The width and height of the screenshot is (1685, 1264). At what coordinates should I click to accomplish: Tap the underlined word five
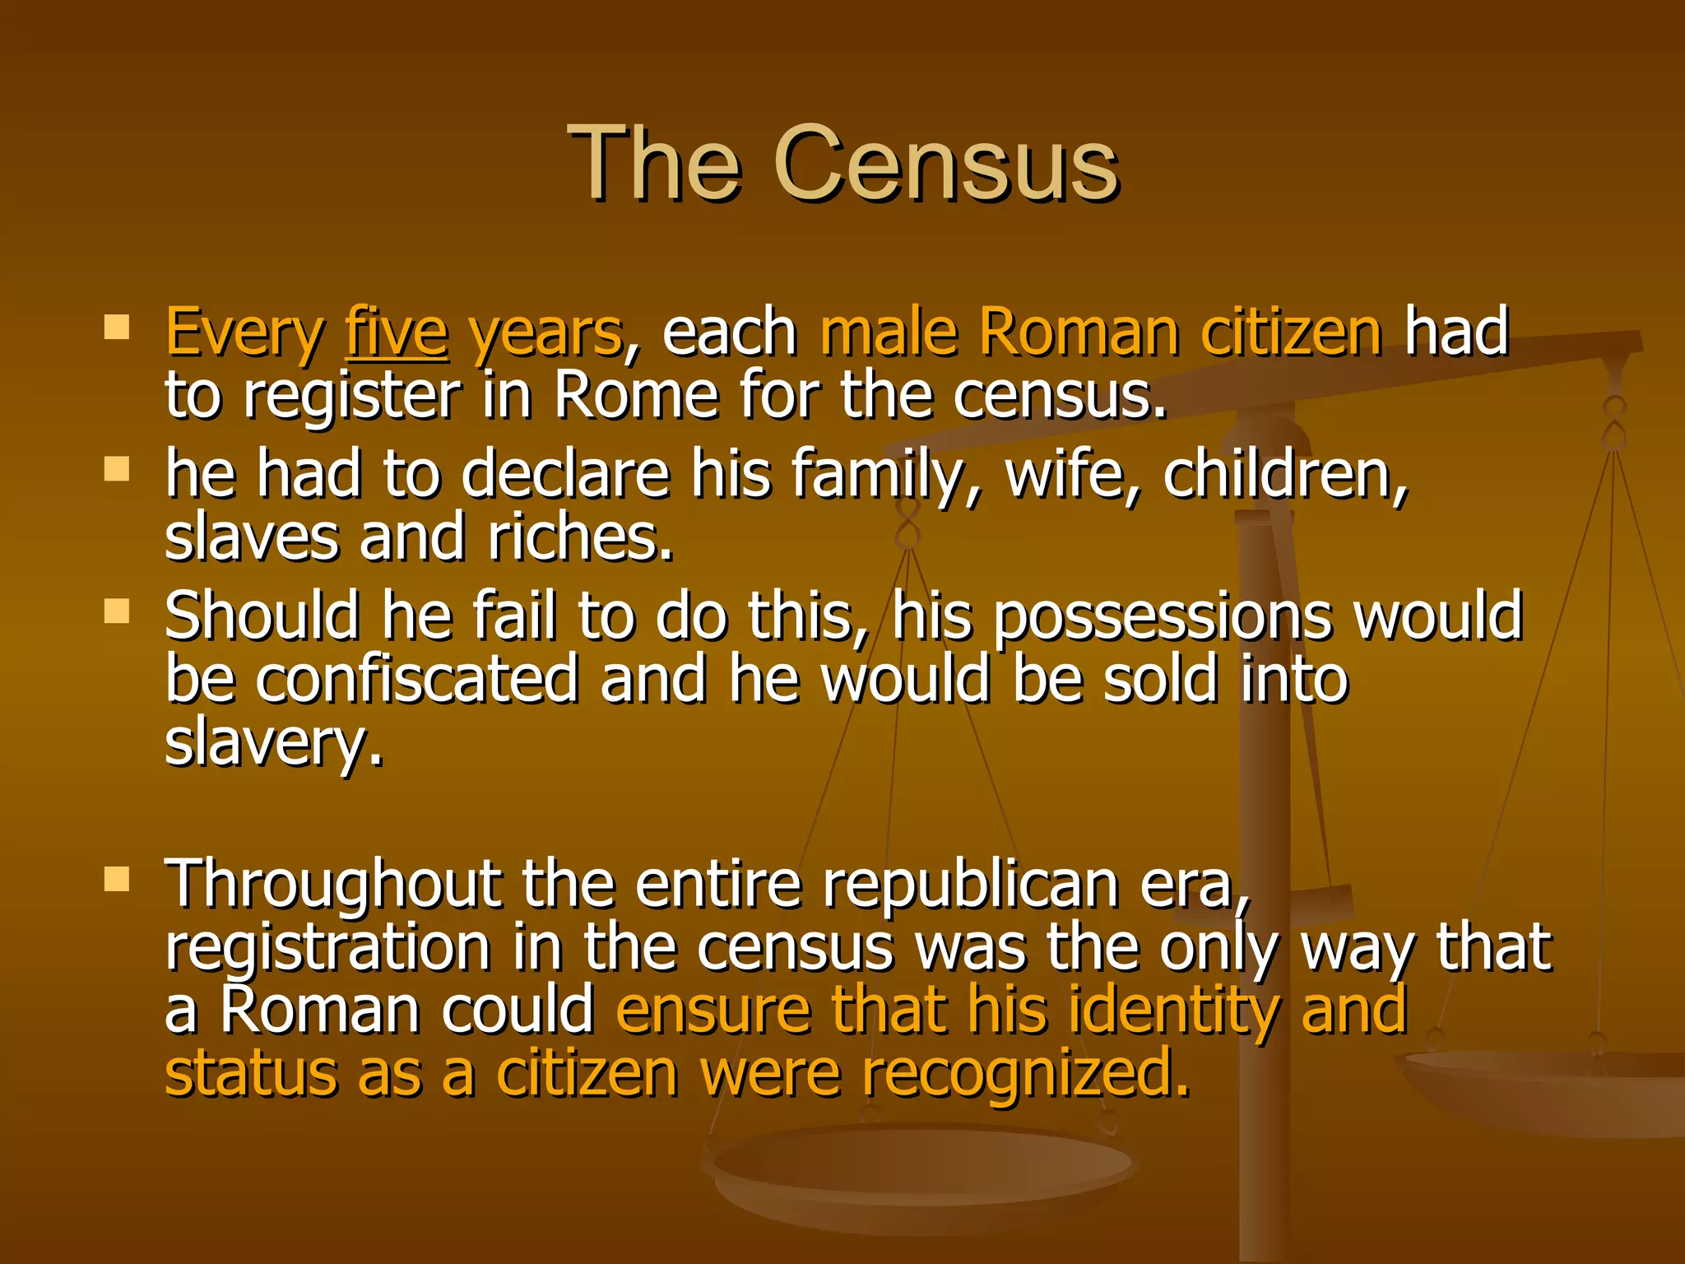[397, 332]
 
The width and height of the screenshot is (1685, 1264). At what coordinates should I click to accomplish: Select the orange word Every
[244, 332]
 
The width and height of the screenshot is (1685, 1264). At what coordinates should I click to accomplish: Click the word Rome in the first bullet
[636, 395]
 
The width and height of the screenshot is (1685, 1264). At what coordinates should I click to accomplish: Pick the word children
[1284, 475]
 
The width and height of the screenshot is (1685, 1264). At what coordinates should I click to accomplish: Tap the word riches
[580, 537]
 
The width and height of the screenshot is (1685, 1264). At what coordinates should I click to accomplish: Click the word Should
[262, 616]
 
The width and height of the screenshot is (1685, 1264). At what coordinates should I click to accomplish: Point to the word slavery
[274, 743]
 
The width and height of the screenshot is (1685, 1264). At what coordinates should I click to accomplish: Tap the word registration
[327, 947]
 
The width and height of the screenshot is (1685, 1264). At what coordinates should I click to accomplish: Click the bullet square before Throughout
[118, 880]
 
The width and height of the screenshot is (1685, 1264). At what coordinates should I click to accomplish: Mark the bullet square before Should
[118, 611]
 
